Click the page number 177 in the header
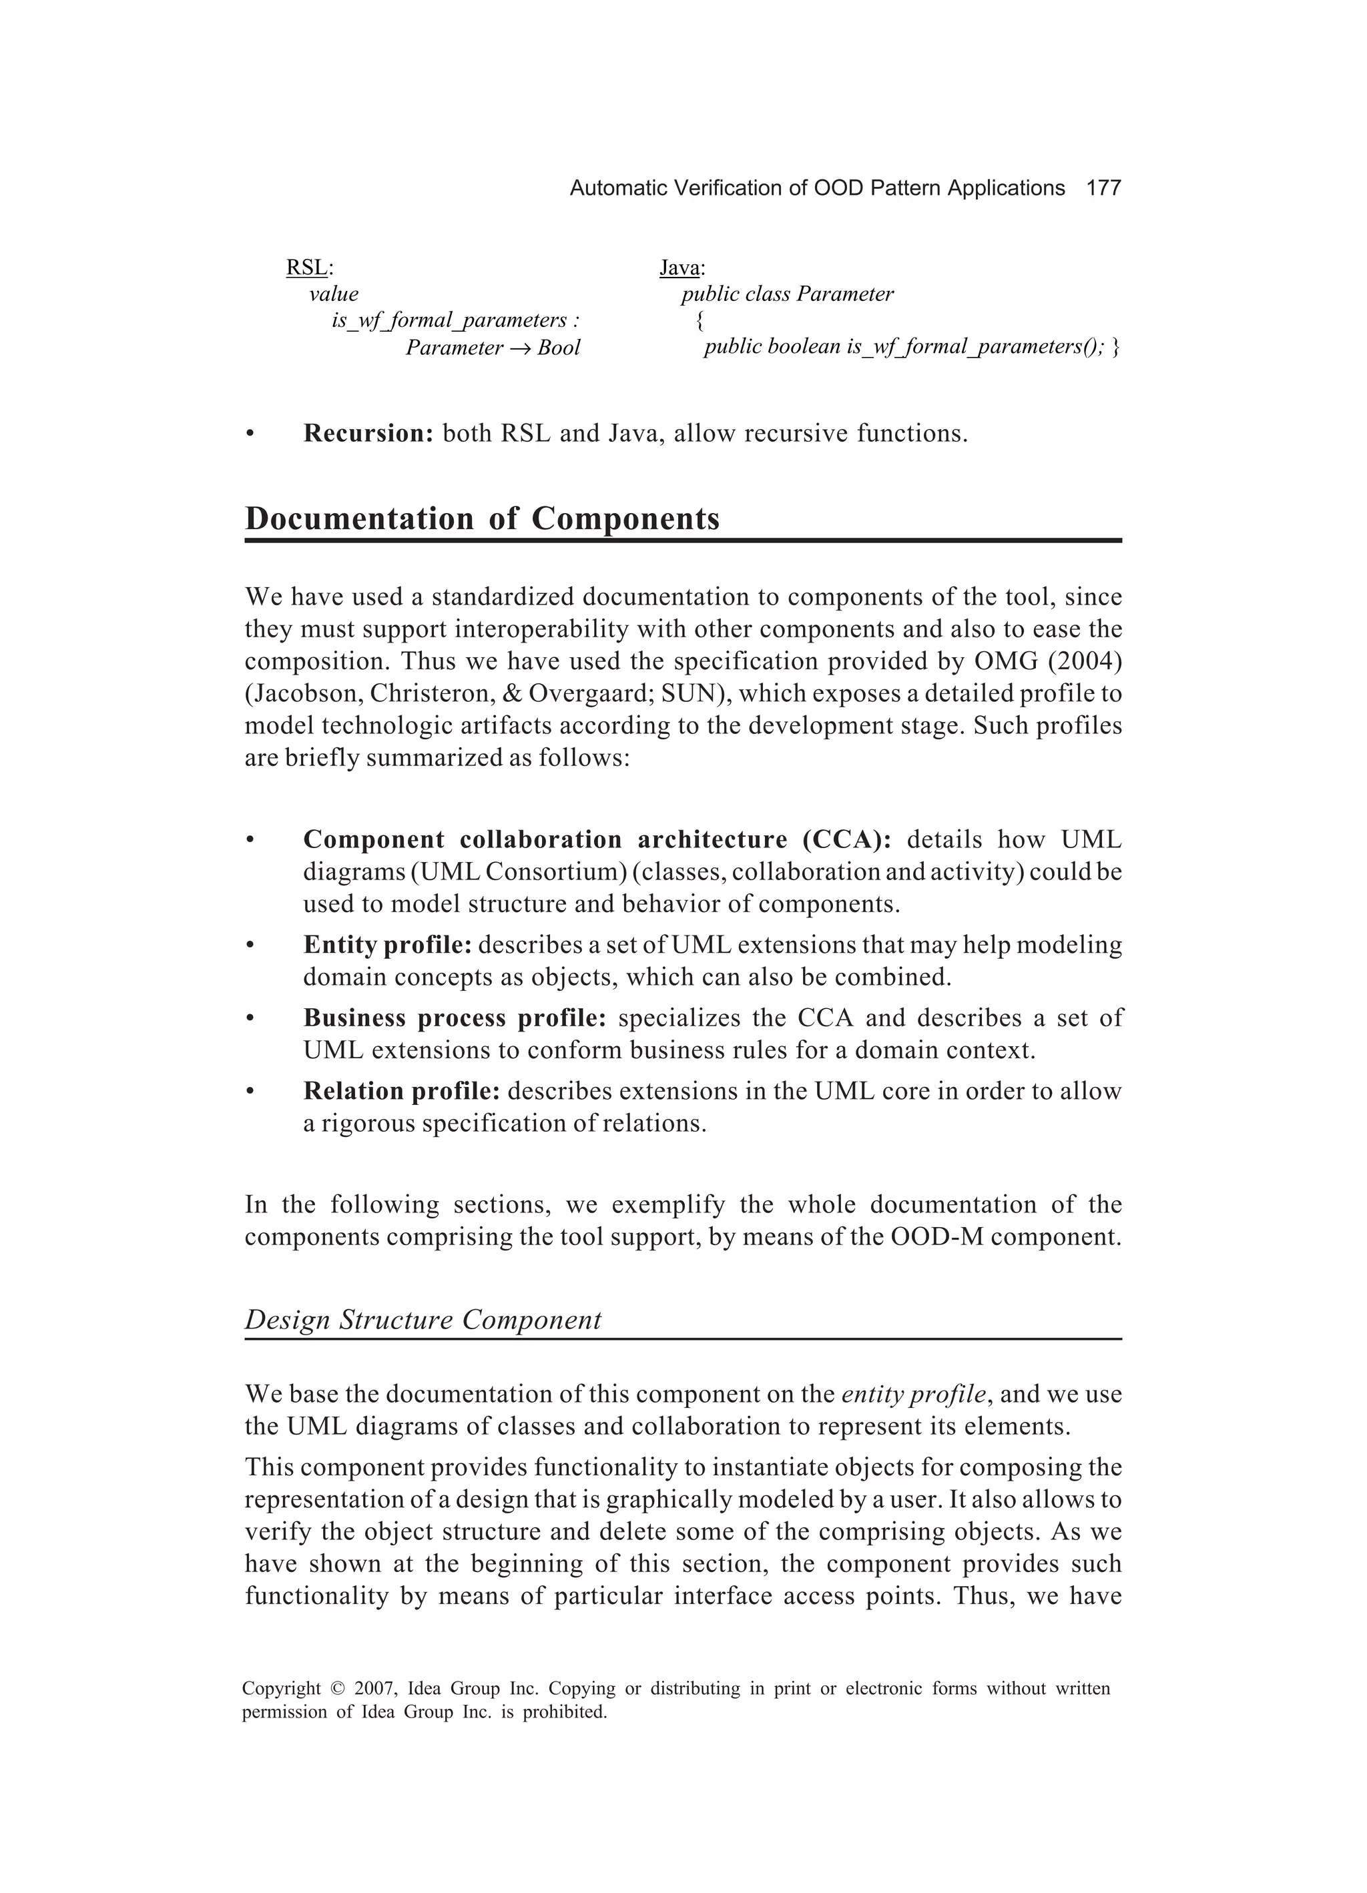1103,189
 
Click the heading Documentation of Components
482,519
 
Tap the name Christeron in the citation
433,693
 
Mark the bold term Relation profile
401,1091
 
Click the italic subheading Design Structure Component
423,1320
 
